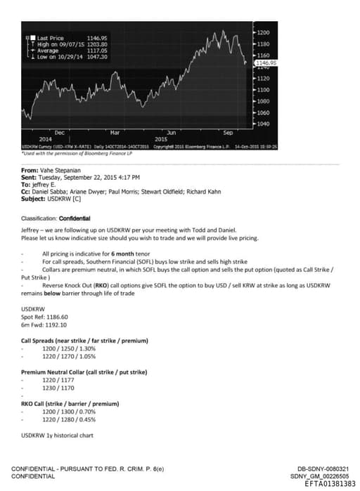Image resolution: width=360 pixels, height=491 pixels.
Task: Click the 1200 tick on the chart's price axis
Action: (x=263, y=33)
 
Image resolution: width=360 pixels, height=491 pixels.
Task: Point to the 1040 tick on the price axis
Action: (x=263, y=124)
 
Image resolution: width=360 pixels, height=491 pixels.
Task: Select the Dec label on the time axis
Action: (x=59, y=132)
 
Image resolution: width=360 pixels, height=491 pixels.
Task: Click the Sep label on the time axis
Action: (x=227, y=132)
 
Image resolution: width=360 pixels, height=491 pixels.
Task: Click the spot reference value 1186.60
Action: (x=58, y=317)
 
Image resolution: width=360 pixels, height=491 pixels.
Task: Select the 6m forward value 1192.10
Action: (x=56, y=325)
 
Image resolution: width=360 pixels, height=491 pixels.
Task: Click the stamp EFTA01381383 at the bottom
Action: (x=330, y=483)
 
